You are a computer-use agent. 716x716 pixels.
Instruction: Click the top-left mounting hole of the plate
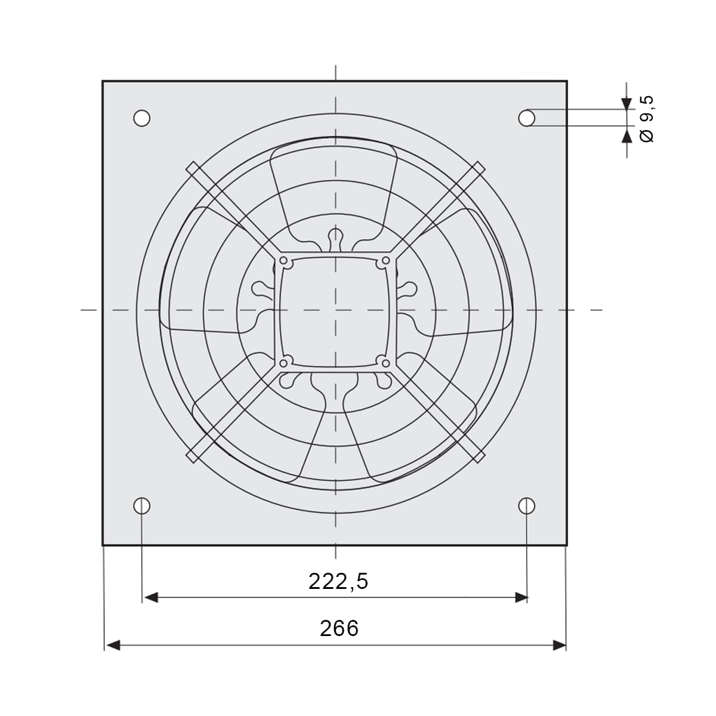point(141,118)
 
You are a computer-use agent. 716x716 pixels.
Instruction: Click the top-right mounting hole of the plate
point(526,118)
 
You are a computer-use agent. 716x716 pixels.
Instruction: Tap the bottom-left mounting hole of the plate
point(141,506)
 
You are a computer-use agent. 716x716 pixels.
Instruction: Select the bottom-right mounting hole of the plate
point(526,506)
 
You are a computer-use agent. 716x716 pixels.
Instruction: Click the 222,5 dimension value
point(338,582)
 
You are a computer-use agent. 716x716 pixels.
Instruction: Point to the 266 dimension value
point(340,628)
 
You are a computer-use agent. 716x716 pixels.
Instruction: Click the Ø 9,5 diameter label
point(647,119)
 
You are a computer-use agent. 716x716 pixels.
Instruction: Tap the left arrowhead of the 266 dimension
point(113,646)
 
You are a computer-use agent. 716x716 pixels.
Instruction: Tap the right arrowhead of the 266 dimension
point(559,646)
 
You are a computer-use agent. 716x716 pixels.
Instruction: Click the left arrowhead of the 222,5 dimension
point(150,598)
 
